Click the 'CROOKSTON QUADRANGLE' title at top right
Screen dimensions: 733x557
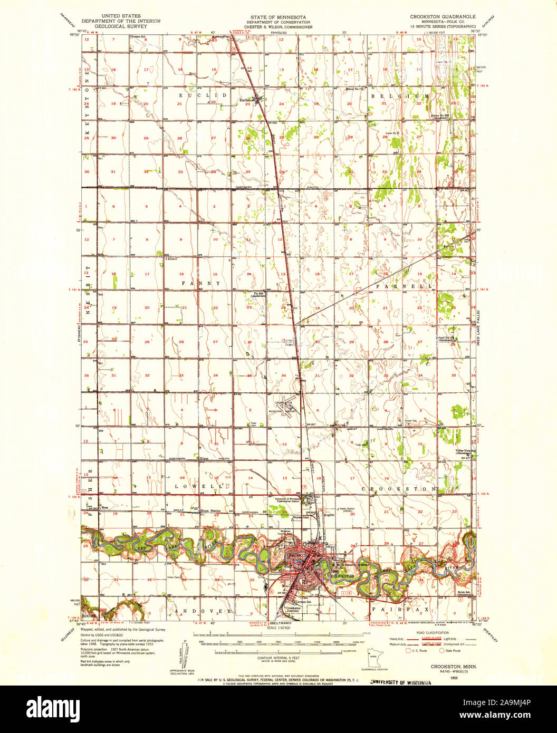443,16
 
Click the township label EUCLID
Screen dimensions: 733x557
202,95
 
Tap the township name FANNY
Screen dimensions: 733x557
200,283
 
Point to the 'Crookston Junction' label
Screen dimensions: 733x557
290,609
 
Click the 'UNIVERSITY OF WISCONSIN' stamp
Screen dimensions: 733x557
402,682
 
